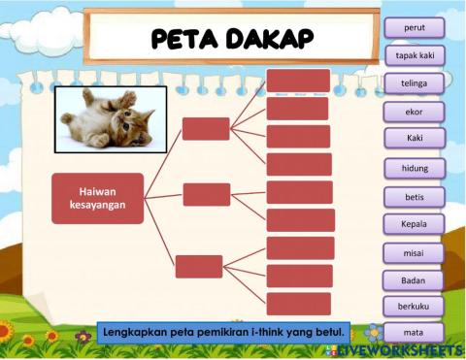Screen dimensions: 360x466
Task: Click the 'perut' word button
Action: [415, 28]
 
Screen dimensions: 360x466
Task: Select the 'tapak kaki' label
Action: [415, 56]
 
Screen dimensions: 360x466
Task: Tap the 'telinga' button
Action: [415, 83]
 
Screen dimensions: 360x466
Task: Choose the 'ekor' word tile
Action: [415, 112]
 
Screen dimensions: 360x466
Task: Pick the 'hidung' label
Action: [415, 168]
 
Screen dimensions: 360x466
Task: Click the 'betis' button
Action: [415, 196]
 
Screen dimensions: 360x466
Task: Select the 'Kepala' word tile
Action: [415, 224]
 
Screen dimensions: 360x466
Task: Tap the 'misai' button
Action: [415, 252]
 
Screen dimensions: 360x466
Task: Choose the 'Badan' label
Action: [415, 280]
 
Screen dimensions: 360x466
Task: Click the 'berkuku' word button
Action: [415, 307]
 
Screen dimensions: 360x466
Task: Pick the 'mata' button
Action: [415, 332]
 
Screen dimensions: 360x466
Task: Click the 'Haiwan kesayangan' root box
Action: [97, 197]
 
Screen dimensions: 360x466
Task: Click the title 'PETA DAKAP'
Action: [232, 39]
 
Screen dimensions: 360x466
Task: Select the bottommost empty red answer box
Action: [299, 304]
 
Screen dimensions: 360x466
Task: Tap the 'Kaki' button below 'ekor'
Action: [415, 139]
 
